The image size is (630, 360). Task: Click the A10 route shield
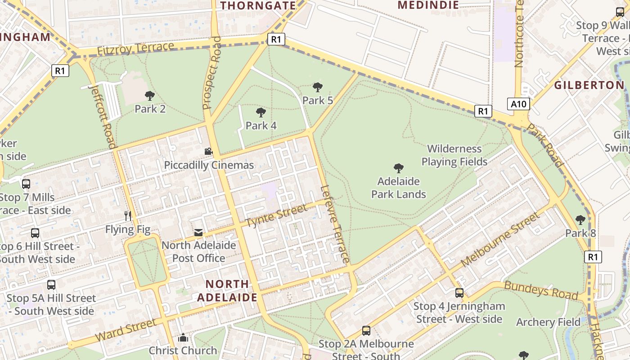[518, 104]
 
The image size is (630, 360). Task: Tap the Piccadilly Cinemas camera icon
[208, 152]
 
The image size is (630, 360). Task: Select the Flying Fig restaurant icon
[128, 216]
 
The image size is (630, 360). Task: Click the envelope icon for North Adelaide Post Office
[198, 233]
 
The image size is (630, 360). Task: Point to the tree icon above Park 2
[150, 95]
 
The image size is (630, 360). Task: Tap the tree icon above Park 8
[580, 220]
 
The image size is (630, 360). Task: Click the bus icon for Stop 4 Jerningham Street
[459, 293]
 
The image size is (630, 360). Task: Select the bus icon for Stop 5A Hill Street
[51, 285]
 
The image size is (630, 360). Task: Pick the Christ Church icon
[183, 337]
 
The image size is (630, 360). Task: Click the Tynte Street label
[277, 215]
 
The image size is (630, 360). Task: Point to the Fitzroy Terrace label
[135, 49]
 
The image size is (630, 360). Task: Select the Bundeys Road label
[540, 290]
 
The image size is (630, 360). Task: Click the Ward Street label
[126, 330]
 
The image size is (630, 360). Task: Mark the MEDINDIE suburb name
[428, 5]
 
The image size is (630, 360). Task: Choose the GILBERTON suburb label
[589, 85]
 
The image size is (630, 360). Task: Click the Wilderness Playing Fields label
[454, 155]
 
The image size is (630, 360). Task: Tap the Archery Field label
[548, 322]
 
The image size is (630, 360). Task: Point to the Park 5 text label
[318, 100]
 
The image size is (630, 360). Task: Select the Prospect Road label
[212, 73]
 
